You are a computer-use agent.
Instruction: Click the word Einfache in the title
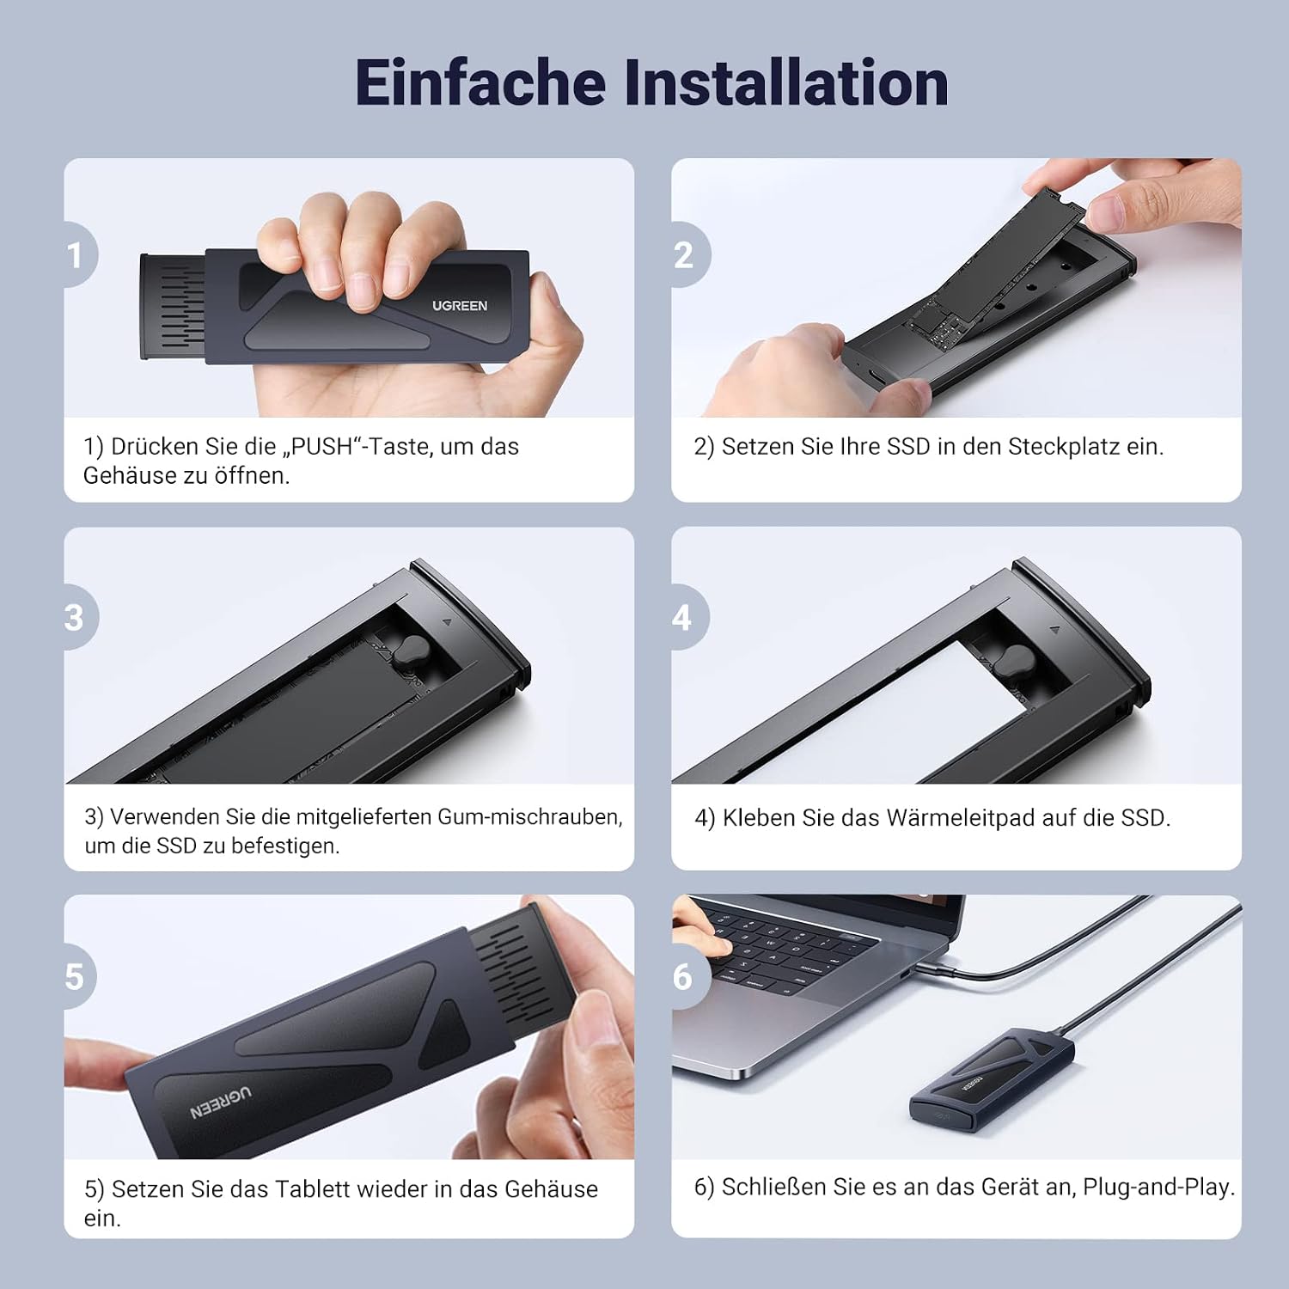tap(480, 82)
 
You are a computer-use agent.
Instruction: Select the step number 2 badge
tap(688, 254)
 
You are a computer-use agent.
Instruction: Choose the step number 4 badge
tap(687, 617)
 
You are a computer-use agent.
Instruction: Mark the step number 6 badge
tap(688, 976)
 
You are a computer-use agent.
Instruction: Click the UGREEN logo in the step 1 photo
tap(460, 306)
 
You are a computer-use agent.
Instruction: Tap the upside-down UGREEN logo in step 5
tap(221, 1103)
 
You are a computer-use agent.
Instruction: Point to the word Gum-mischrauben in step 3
tap(530, 816)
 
